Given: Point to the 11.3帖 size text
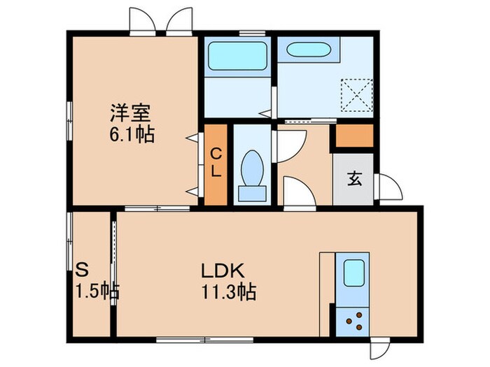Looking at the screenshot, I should [226, 291].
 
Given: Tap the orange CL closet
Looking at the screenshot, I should [216, 165].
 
